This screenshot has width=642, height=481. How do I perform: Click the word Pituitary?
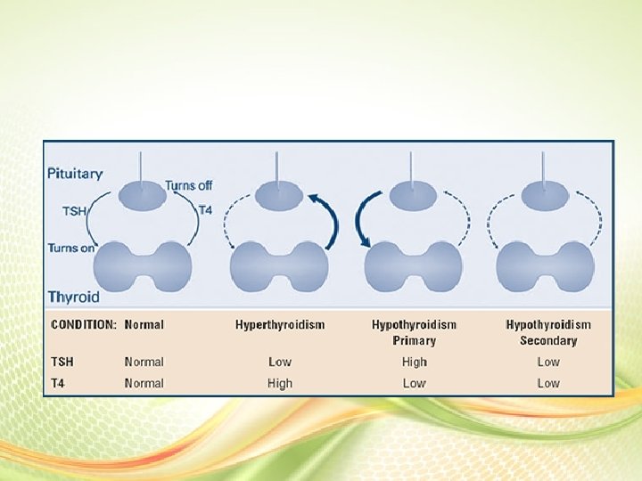click(75, 174)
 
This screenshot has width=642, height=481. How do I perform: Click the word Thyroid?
click(73, 296)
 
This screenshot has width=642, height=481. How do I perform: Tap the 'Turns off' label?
click(188, 185)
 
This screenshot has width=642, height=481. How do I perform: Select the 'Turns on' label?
click(71, 248)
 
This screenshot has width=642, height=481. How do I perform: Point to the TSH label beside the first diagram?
click(74, 212)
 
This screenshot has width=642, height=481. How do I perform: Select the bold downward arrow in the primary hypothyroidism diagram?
click(363, 220)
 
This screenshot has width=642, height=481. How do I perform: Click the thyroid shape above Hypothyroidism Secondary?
click(544, 265)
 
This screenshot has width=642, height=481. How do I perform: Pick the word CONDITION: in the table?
click(84, 325)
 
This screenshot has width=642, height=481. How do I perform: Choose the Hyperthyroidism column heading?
click(280, 325)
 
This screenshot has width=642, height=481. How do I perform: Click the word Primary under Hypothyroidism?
click(414, 340)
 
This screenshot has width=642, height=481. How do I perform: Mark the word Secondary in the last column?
click(548, 340)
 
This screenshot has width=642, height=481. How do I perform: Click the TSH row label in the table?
click(63, 362)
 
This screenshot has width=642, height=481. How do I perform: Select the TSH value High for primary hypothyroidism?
click(414, 362)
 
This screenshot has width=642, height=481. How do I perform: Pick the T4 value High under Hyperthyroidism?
click(279, 383)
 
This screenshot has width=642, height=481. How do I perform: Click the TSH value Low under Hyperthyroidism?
click(279, 362)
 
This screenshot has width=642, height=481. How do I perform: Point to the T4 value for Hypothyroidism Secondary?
click(548, 383)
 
